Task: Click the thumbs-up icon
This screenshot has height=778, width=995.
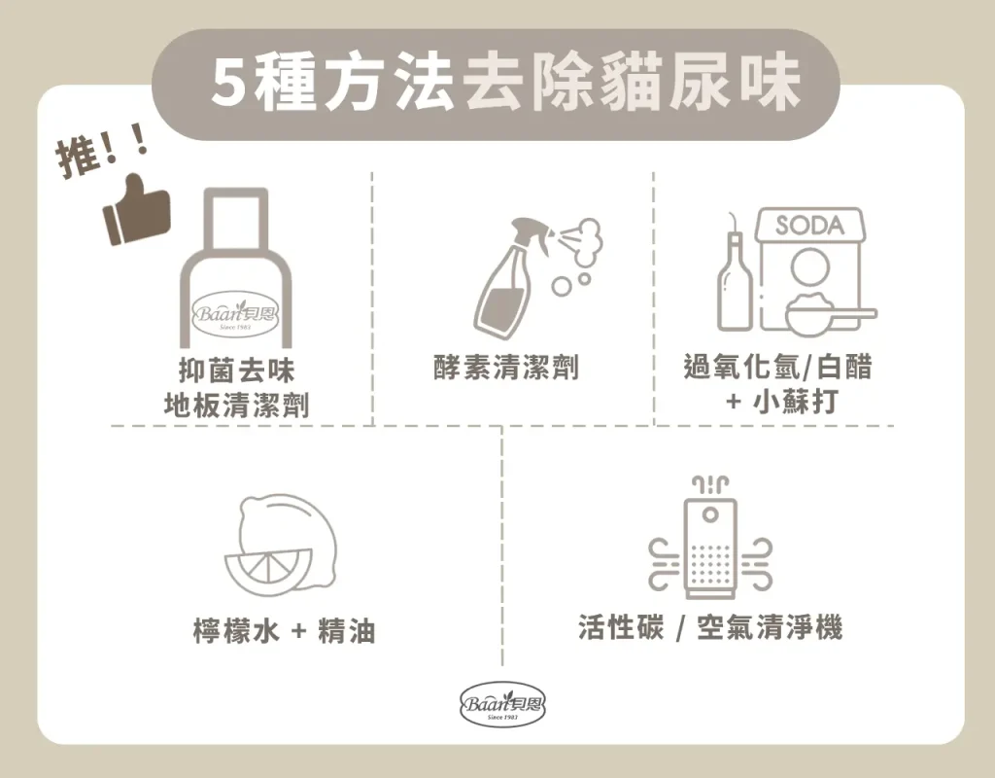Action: coord(136,210)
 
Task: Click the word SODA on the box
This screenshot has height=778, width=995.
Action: coord(809,225)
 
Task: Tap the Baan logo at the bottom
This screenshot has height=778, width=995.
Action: coord(502,704)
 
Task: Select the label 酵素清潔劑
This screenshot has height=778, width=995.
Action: coord(505,367)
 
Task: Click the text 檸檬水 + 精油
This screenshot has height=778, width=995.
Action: coord(284,630)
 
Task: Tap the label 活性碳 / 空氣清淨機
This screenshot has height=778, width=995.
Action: coord(710,627)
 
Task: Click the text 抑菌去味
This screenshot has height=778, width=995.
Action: coord(236,371)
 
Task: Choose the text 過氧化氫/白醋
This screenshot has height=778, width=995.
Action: coord(777,367)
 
